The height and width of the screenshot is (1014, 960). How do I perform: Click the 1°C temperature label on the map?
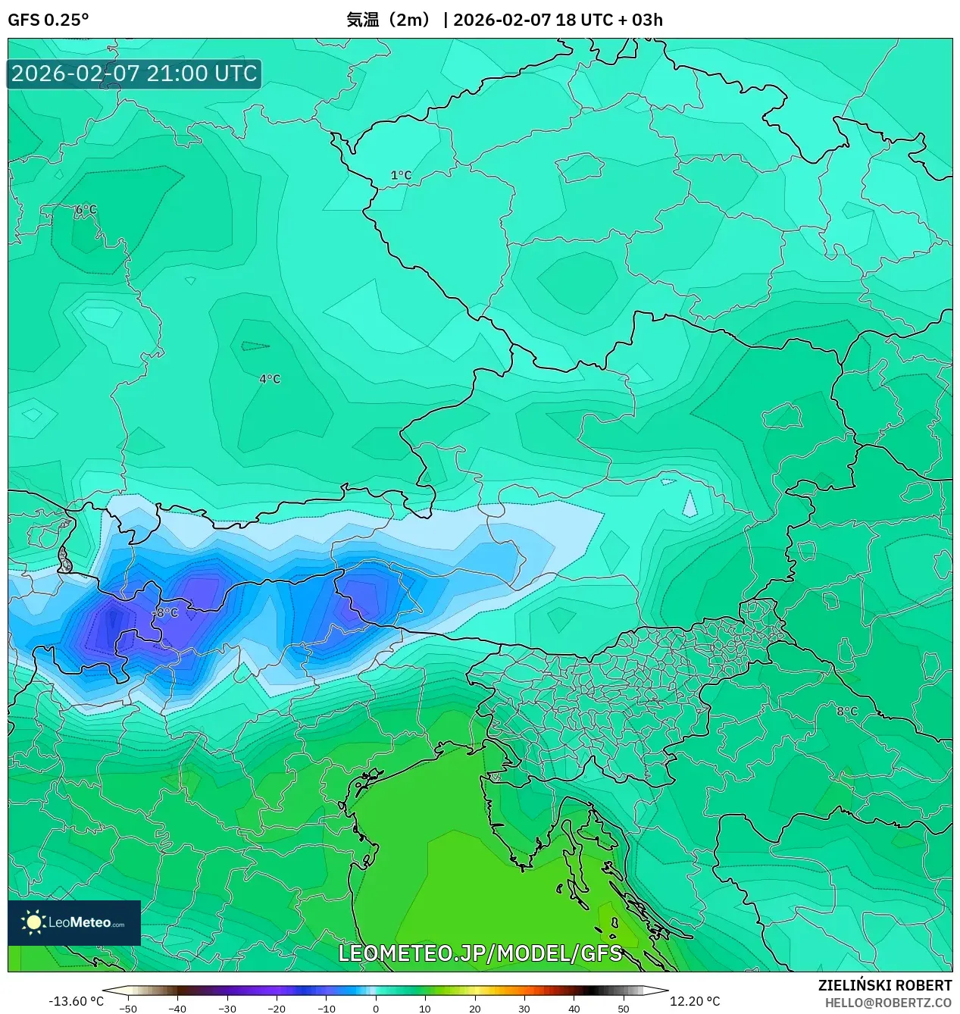(401, 176)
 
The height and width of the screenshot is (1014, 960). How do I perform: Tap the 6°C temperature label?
(86, 210)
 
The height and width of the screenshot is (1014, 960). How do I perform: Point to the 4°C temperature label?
(270, 379)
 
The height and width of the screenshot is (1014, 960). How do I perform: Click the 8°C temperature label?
(847, 712)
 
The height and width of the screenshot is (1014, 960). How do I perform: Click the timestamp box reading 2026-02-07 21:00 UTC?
(134, 74)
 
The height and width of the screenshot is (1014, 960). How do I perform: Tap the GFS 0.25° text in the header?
(48, 20)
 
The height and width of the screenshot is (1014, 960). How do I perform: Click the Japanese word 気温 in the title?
(362, 20)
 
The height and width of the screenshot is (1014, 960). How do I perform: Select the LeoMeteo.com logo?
(74, 922)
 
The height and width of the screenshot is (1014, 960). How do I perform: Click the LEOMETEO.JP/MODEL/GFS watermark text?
(480, 953)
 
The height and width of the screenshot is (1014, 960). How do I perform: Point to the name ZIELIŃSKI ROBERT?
(884, 985)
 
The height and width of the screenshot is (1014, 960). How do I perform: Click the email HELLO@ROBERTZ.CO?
(888, 1003)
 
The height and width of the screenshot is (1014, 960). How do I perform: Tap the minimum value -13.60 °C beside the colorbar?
(76, 1001)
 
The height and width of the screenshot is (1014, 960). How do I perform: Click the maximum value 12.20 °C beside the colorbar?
(695, 1001)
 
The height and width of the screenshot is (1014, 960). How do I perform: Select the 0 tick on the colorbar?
(376, 1008)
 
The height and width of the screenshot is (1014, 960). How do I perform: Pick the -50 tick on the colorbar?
(128, 1008)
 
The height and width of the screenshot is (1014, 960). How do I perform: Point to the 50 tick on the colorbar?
(623, 1008)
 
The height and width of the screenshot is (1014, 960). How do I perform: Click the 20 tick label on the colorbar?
(474, 1008)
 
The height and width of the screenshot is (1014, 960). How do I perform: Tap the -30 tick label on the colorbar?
(227, 1008)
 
